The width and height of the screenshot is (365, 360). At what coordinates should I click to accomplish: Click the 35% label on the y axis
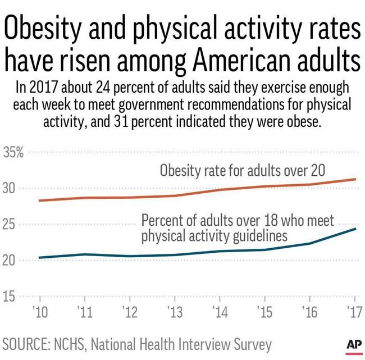(13, 152)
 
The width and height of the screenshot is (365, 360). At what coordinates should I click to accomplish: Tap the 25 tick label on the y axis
(11, 224)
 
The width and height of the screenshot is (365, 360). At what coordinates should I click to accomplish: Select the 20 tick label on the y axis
(11, 260)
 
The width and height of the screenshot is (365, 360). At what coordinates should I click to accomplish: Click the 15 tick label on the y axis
(11, 296)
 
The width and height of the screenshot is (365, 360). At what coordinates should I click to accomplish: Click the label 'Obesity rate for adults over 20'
(242, 170)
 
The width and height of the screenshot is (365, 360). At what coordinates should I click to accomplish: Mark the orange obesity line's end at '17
(355, 179)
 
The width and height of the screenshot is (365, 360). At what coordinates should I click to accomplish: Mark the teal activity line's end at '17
(355, 229)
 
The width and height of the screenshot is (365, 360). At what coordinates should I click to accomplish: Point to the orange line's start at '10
(39, 200)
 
